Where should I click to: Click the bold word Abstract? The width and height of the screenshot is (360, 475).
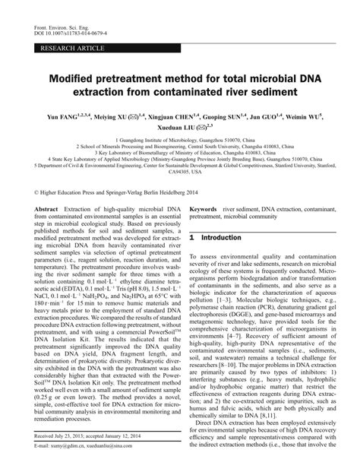coord(46,207)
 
